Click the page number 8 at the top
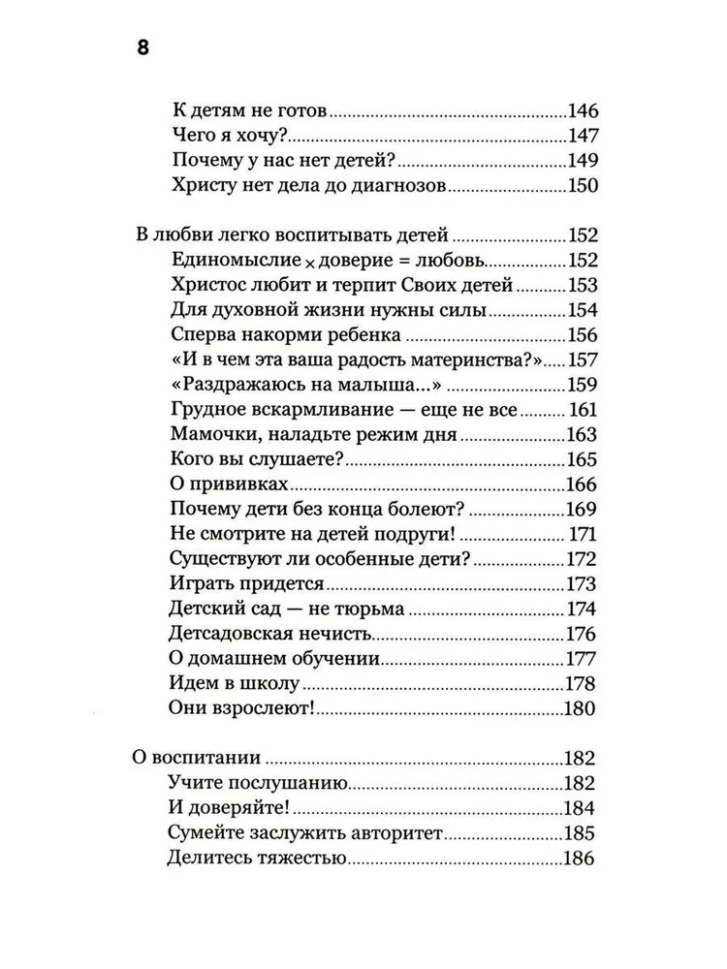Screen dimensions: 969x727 point(142,50)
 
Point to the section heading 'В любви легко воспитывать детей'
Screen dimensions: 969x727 point(290,236)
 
